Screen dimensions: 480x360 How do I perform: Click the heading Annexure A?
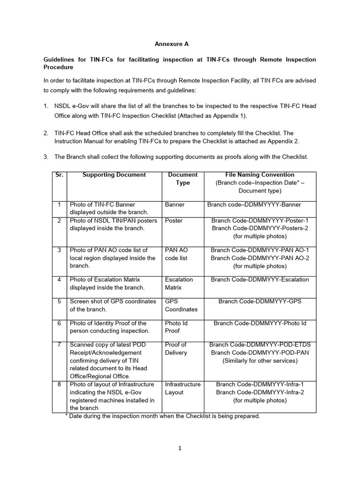[x=172, y=44]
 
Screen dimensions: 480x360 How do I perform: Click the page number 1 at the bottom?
[x=180, y=448]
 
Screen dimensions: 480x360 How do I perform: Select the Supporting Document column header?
[x=114, y=175]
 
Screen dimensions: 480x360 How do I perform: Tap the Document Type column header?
[x=183, y=179]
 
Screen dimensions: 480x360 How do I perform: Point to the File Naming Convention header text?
[x=260, y=175]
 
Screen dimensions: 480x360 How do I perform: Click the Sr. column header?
[x=59, y=175]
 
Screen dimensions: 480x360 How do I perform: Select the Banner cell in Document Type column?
[x=175, y=204]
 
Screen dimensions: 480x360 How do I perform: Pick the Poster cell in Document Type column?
[x=174, y=220]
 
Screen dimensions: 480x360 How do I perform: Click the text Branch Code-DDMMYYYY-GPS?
[x=260, y=301]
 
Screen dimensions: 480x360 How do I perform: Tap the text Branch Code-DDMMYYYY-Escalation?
[x=260, y=279]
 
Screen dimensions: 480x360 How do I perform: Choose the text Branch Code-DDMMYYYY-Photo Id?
[x=260, y=323]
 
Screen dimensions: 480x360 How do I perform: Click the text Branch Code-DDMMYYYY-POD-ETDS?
[x=260, y=345]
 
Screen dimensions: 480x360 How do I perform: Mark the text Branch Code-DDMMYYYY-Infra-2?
[x=260, y=392]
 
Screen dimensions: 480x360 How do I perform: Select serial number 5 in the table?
[x=59, y=301]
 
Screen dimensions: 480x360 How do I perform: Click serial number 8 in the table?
[x=59, y=384]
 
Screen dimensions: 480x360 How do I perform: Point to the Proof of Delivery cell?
[x=176, y=349]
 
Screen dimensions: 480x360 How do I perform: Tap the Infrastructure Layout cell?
[x=182, y=388]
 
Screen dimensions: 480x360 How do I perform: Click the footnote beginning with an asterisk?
[x=162, y=416]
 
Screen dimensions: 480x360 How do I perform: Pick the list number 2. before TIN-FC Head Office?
[x=46, y=133]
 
